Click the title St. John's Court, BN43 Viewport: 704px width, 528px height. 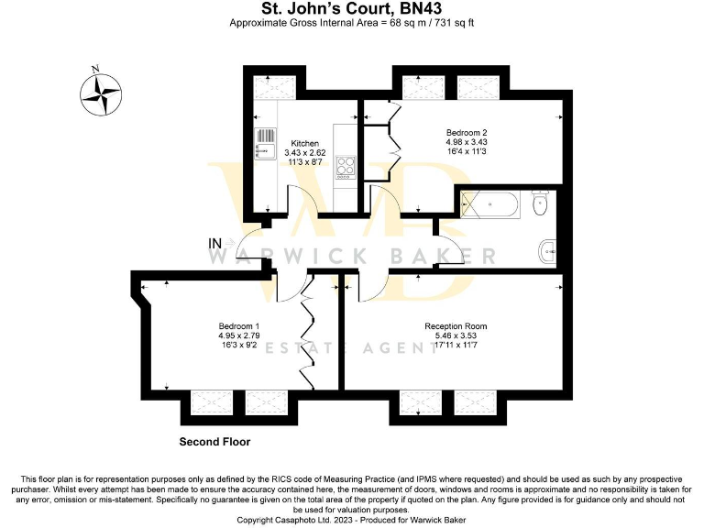pos(351,9)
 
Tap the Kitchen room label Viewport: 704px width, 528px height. pos(304,144)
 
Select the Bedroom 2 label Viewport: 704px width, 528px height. pos(466,132)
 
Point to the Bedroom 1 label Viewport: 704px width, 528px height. pos(238,326)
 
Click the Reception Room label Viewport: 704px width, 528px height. pos(456,326)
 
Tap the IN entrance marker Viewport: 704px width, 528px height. pos(215,243)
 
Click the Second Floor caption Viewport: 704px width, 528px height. pos(214,442)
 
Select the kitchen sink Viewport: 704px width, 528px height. pos(265,145)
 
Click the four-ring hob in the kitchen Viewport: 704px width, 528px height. pos(346,167)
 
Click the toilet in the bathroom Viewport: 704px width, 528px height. pos(540,203)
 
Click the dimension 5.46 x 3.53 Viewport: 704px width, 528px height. pos(456,337)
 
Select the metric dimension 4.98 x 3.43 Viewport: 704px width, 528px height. pos(466,142)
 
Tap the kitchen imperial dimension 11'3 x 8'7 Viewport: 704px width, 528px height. pos(304,163)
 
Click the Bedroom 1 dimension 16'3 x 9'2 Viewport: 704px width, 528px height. pos(238,346)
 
